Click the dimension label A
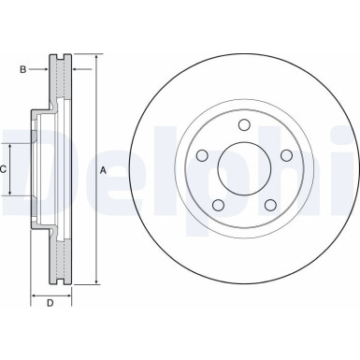(103, 170)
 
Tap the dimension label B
(23, 68)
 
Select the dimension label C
(5, 169)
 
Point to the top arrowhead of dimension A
(94, 58)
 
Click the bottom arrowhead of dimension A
(94, 282)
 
